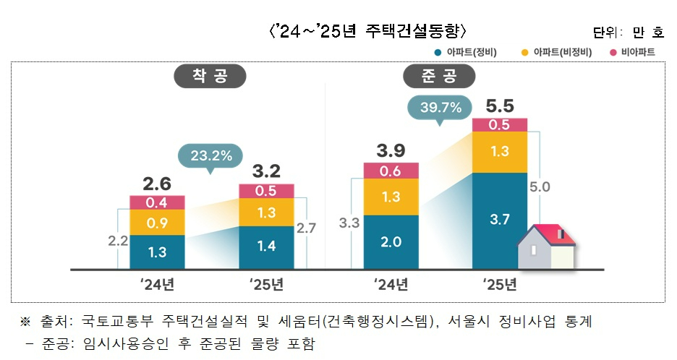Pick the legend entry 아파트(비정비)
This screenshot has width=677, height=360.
[x=557, y=53]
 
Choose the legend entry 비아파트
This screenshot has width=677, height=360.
[x=636, y=53]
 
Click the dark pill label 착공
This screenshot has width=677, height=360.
[x=210, y=76]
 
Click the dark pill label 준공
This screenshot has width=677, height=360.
[x=439, y=76]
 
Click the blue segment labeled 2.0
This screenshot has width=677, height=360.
[x=391, y=242]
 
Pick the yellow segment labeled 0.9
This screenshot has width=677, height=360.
[x=157, y=223]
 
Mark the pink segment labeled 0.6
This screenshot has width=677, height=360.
[x=391, y=171]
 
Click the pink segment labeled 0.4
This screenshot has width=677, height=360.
[x=157, y=202]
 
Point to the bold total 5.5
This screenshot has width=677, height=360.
[x=500, y=106]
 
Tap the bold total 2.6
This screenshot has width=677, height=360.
[x=157, y=183]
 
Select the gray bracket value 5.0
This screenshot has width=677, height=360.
[x=540, y=187]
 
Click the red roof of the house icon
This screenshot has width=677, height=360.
[x=555, y=233]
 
